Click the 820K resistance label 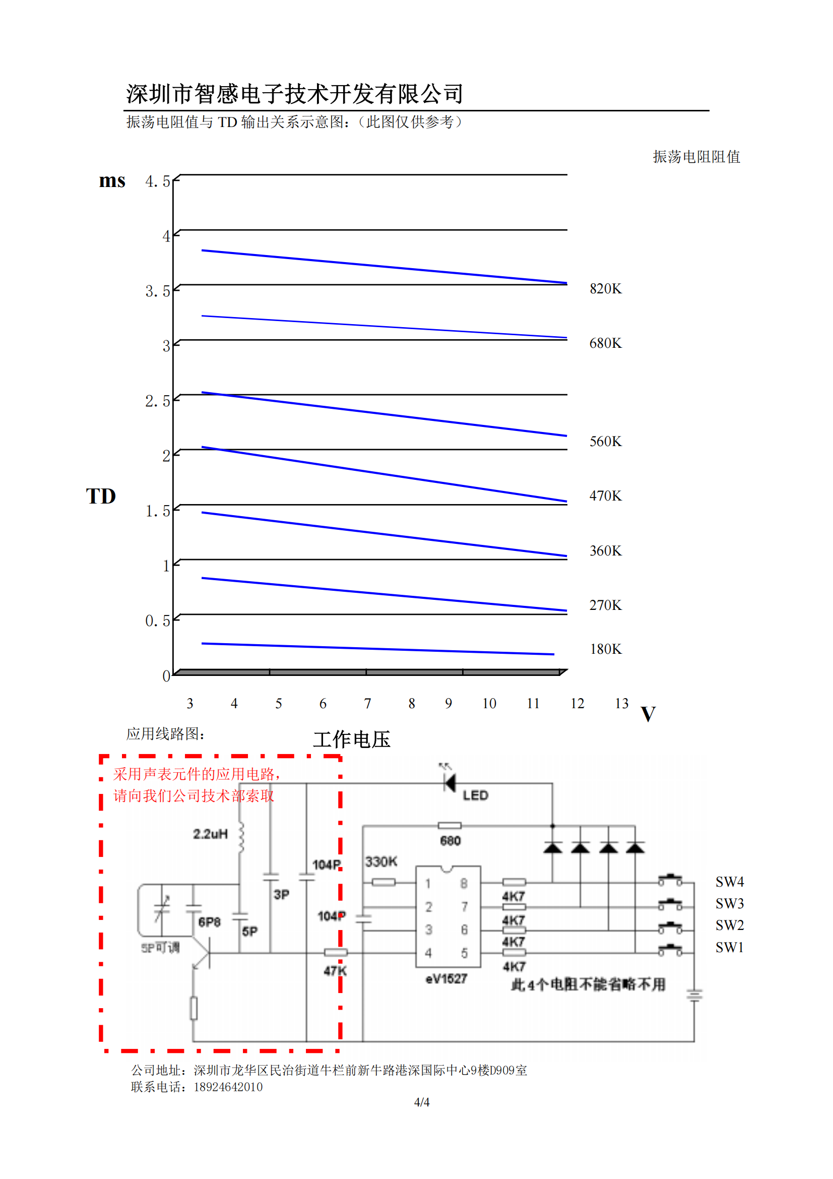click(x=605, y=289)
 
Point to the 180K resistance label click(x=605, y=649)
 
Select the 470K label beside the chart click(x=605, y=495)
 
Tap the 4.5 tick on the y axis click(x=157, y=181)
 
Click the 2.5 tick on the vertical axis click(x=157, y=401)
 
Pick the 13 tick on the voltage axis click(x=621, y=703)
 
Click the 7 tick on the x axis click(x=367, y=703)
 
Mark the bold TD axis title click(x=101, y=496)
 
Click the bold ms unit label click(x=112, y=180)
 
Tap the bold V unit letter click(x=648, y=714)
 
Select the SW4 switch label click(x=729, y=882)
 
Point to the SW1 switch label click(x=729, y=947)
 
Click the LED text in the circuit click(x=475, y=795)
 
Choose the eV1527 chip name click(x=446, y=979)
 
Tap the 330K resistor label click(x=381, y=861)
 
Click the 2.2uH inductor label click(x=210, y=834)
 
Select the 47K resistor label click(x=335, y=970)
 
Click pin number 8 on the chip click(x=464, y=883)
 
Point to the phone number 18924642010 click(x=228, y=1087)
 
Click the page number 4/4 click(x=422, y=1102)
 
